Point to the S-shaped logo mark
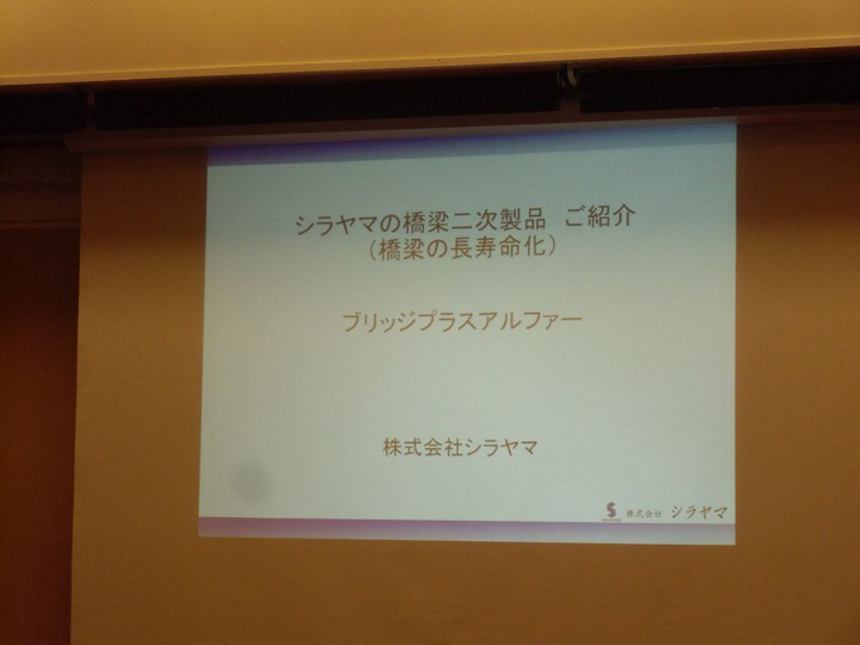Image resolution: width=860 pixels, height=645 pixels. pos(611,511)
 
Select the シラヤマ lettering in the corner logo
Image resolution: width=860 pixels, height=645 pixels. pos(699,513)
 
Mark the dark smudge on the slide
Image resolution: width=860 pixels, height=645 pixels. pos(250,481)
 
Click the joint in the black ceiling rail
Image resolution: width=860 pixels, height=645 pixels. pos(569,85)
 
